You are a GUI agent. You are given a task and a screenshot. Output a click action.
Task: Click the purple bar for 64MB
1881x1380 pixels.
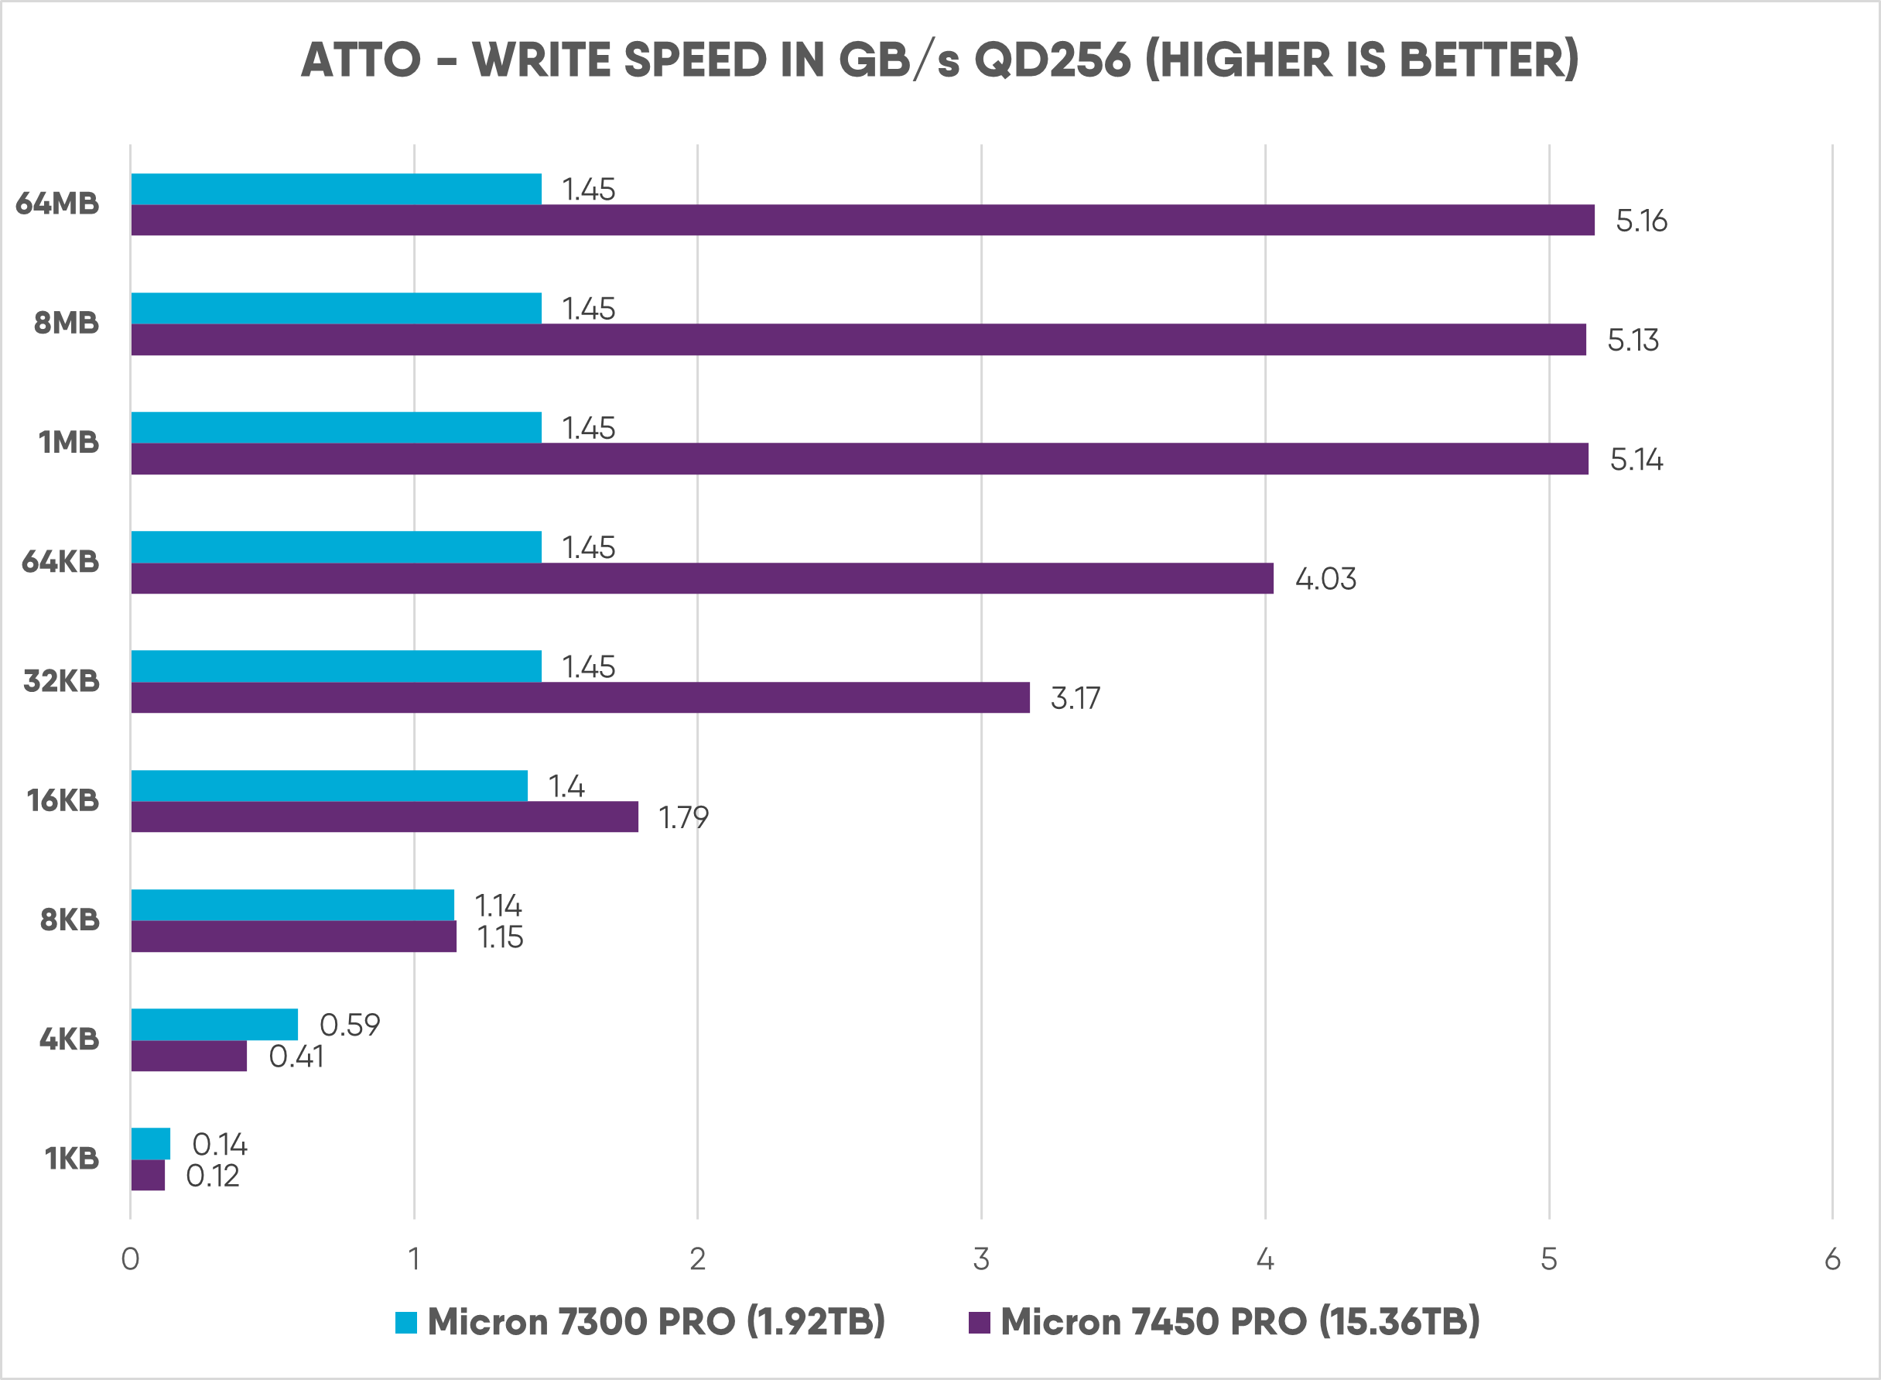[x=863, y=221]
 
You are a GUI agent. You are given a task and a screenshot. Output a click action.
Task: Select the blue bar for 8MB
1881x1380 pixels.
[x=336, y=308]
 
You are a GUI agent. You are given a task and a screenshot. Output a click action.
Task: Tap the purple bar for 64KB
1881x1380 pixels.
[x=702, y=578]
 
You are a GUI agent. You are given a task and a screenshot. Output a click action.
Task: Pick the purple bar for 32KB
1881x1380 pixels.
[x=580, y=697]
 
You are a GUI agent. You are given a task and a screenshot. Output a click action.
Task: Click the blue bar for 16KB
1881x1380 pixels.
[x=329, y=786]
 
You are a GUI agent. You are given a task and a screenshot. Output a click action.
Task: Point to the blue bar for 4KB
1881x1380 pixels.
[x=214, y=1024]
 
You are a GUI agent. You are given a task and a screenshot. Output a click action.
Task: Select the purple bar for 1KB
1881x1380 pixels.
[x=148, y=1176]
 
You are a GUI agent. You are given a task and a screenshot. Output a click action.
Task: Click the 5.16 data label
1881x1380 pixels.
[x=1640, y=221]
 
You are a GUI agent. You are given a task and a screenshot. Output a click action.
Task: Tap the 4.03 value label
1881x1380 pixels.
[x=1325, y=579]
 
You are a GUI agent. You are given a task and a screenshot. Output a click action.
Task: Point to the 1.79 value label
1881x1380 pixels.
[x=683, y=817]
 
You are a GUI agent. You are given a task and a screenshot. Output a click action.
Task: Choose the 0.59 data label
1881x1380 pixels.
[x=350, y=1025]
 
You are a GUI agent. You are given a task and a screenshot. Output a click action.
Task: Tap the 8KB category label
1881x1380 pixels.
[x=70, y=919]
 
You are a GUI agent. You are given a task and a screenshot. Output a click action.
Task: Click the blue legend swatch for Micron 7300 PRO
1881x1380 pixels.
[x=405, y=1323]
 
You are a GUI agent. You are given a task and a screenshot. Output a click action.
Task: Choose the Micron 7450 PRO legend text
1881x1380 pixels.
[x=1240, y=1321]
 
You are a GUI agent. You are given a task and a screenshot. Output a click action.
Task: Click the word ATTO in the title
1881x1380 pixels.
[x=361, y=60]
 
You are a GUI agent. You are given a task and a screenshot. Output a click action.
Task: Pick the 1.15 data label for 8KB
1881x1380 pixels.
[x=500, y=937]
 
